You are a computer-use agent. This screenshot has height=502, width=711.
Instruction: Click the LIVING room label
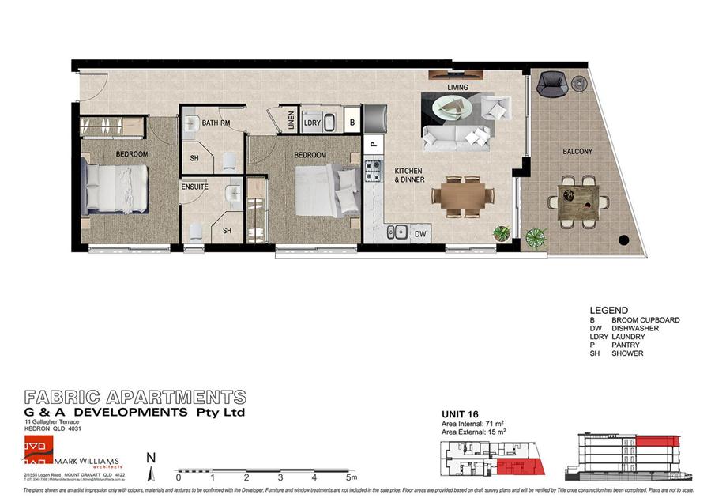pyautogui.click(x=457, y=87)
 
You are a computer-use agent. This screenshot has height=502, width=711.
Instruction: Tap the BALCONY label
pyautogui.click(x=578, y=151)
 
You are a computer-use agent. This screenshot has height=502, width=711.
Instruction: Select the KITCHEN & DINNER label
pyautogui.click(x=409, y=176)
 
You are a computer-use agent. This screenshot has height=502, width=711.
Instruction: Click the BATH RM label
pyautogui.click(x=216, y=123)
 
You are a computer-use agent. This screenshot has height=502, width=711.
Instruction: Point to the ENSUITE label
pyautogui.click(x=195, y=187)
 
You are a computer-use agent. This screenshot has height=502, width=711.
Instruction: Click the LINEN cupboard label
pyautogui.click(x=292, y=123)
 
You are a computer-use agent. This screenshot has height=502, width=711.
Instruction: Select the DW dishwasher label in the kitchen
pyautogui.click(x=420, y=234)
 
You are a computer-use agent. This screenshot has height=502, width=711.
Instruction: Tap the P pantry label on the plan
pyautogui.click(x=373, y=145)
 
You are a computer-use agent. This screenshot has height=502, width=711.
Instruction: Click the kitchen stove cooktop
pyautogui.click(x=373, y=172)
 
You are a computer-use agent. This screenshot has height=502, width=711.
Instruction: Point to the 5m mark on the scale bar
pyautogui.click(x=350, y=477)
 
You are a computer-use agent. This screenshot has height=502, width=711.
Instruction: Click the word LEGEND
pyautogui.click(x=608, y=311)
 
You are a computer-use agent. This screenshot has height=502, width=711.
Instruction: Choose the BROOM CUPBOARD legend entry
pyautogui.click(x=645, y=320)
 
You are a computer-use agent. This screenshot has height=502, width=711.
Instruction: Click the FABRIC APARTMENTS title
pyautogui.click(x=135, y=397)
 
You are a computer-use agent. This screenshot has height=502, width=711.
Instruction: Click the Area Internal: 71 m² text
pyautogui.click(x=472, y=424)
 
